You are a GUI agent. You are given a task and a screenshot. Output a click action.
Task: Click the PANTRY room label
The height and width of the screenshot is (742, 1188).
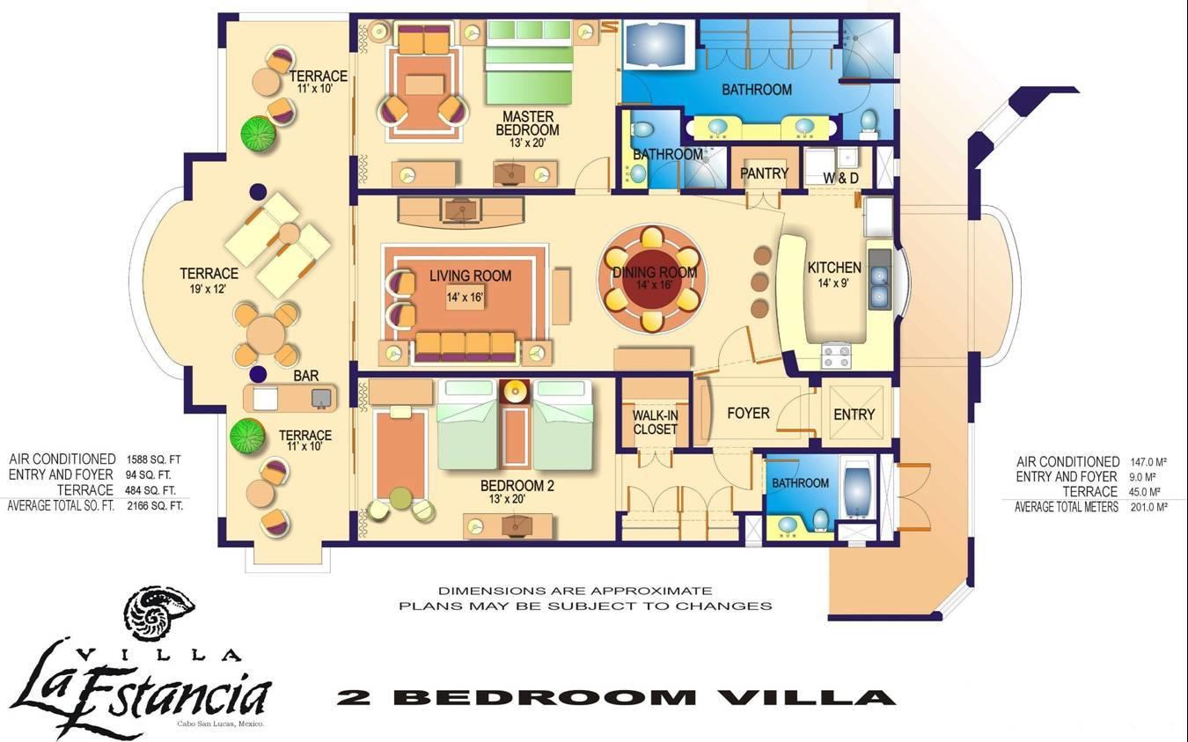point(764,173)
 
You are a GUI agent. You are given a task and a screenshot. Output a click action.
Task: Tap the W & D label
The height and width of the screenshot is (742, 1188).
point(840,178)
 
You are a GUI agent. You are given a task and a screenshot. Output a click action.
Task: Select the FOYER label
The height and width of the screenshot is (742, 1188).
point(748,413)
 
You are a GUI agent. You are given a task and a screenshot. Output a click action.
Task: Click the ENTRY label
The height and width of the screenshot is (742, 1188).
point(854,415)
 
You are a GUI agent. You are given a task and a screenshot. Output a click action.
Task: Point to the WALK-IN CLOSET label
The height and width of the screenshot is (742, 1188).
point(655,422)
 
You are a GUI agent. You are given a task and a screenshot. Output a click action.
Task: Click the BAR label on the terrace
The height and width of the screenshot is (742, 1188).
point(306,376)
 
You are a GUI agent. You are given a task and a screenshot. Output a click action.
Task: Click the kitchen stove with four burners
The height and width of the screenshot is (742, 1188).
point(836,356)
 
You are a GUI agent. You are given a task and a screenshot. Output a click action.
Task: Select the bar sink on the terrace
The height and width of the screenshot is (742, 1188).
point(321,398)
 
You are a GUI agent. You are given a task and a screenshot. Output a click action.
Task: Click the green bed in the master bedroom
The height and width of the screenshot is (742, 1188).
point(529,62)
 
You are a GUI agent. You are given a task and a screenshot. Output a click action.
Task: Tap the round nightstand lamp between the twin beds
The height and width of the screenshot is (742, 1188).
point(514,393)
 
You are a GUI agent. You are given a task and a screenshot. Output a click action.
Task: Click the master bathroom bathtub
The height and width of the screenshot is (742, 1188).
point(659,45)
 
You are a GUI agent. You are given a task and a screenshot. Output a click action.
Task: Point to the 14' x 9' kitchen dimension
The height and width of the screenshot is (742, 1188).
point(833,283)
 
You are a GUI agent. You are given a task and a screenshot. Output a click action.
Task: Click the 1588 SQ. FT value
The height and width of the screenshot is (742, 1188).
point(153,459)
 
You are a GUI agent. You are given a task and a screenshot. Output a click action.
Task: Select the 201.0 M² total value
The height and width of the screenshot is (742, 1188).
point(1148,507)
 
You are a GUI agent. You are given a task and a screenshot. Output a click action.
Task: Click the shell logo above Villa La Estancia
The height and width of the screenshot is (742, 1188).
point(160,612)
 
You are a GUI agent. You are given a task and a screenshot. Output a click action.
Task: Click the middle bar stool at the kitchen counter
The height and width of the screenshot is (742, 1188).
point(761,282)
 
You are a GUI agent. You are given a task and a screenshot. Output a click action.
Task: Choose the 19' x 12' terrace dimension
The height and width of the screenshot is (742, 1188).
point(208,289)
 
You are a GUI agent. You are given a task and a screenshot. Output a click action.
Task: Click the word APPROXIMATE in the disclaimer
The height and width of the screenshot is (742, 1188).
point(651,591)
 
